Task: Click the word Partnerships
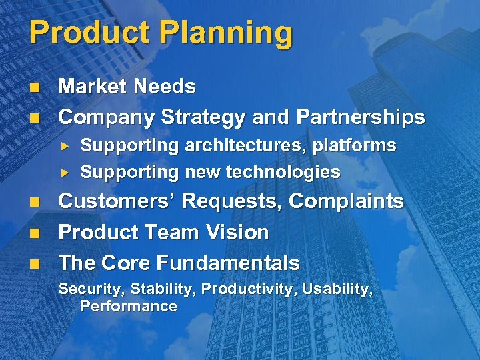point(361,118)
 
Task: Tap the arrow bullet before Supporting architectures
point(65,145)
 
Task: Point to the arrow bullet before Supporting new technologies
point(65,172)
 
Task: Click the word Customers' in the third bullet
point(118,201)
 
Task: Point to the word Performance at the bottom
point(128,307)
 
